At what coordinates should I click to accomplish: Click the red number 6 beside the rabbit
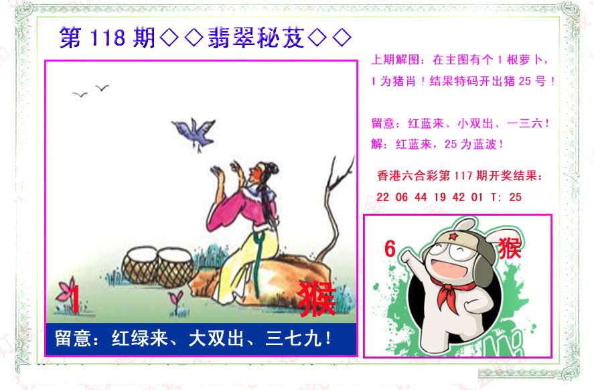click(390, 249)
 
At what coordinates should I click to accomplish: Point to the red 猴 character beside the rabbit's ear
click(510, 249)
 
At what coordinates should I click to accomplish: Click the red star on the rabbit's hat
click(452, 237)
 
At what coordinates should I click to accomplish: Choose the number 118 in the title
click(108, 38)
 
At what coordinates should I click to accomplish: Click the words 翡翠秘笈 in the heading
click(256, 38)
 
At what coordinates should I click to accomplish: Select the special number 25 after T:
click(515, 197)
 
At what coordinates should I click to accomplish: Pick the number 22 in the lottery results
click(382, 197)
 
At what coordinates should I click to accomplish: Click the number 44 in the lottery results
click(421, 197)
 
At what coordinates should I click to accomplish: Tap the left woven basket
click(139, 265)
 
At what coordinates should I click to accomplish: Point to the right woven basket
click(175, 267)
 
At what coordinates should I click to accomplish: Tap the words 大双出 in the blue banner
click(216, 338)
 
